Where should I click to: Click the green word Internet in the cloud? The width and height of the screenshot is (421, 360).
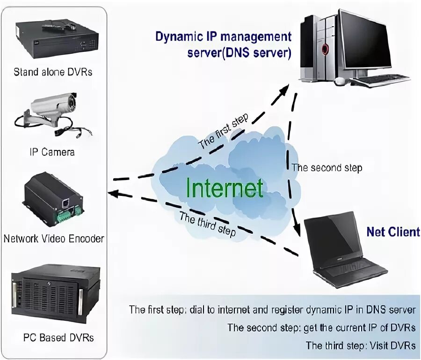pos(225,188)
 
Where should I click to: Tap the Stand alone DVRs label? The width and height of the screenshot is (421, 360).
pos(53,72)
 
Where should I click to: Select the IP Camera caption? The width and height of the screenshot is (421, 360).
pos(52,152)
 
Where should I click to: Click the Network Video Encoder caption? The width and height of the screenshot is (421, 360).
pos(54,238)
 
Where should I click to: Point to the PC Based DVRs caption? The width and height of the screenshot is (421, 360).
pos(58,338)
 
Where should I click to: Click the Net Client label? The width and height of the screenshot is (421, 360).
pos(393,232)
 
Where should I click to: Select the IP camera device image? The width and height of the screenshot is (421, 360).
pos(52,115)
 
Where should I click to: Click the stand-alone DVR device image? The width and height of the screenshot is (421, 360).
pos(57,38)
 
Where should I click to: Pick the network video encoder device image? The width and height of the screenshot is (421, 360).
pos(53,199)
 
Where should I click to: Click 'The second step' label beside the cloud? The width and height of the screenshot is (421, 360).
pos(327,168)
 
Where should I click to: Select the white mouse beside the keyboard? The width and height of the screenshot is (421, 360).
pos(340,81)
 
